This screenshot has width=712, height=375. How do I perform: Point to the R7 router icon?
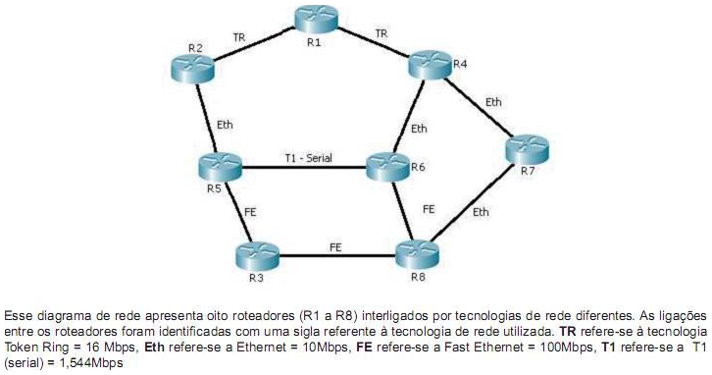(x=531, y=151)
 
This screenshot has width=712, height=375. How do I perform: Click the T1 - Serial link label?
(x=307, y=157)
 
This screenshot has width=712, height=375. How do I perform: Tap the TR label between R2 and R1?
(x=239, y=37)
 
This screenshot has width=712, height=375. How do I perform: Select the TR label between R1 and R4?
(x=381, y=33)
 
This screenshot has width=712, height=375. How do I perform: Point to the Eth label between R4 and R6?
(x=420, y=128)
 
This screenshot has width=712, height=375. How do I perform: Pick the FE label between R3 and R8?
(x=335, y=245)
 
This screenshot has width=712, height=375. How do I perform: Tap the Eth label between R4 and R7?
(x=493, y=101)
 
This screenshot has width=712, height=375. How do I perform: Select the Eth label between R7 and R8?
(x=481, y=212)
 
